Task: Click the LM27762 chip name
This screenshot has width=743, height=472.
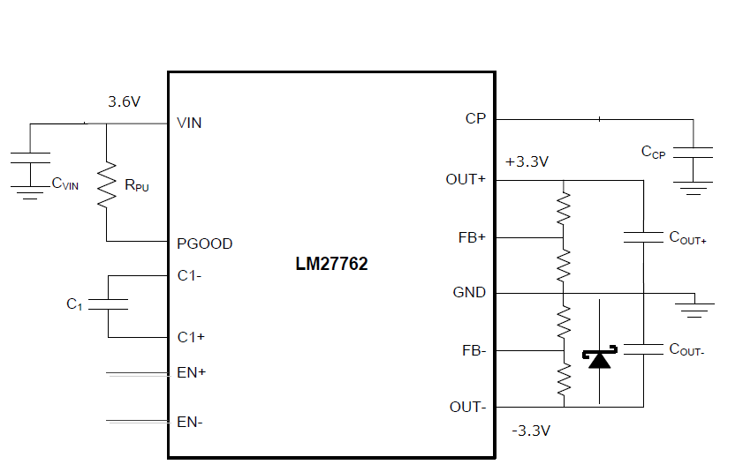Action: coord(331,264)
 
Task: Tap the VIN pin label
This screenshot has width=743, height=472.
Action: coord(189,124)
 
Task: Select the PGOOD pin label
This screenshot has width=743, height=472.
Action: coord(204,243)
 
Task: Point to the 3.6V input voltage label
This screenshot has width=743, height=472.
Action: coord(125,101)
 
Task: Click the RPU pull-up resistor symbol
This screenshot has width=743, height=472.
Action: coord(107,184)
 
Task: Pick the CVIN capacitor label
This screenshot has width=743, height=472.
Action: coord(64,184)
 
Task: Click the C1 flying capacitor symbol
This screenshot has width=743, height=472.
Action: coord(108,304)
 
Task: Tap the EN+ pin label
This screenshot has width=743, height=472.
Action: coord(192,372)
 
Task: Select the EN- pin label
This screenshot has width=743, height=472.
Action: coord(190,422)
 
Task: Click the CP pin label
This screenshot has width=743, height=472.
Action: coord(475,119)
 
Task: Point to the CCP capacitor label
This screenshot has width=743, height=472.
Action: coord(653,152)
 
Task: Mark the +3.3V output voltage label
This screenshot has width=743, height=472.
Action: coord(527,162)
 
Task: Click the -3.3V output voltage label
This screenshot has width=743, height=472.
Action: coord(531,431)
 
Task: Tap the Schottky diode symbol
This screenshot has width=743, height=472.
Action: coord(599,357)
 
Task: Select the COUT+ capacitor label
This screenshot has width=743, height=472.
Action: coord(687,237)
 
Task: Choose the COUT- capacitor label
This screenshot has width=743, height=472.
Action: coord(686,350)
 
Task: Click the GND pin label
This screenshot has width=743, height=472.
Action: coord(469,293)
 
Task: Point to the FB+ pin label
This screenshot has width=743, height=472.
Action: coord(472,237)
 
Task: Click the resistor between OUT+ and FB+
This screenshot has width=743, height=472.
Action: coord(564,208)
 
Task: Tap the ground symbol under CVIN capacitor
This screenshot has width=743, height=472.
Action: coord(30,192)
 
